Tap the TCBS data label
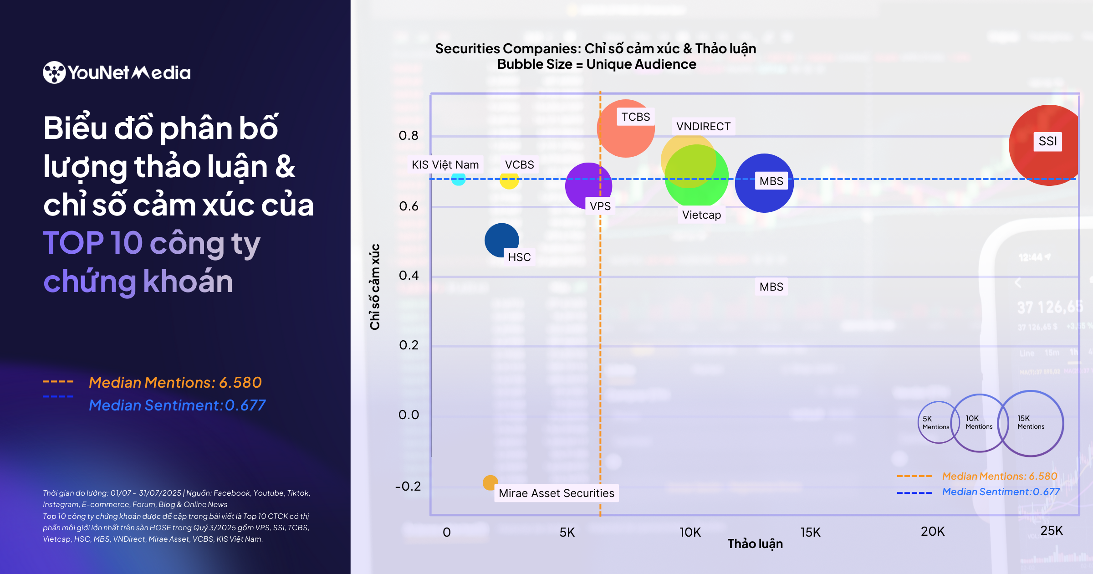[636, 117]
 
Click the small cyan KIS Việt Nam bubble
[458, 179]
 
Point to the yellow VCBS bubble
[509, 180]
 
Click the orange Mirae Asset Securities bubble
[490, 482]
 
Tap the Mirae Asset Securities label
[556, 493]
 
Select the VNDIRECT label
[703, 126]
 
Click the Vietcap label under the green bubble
[701, 215]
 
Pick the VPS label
[600, 206]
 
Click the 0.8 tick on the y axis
[408, 135]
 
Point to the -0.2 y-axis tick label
[408, 486]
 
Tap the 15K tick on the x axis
[810, 532]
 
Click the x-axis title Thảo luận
[755, 543]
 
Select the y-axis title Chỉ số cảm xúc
[374, 287]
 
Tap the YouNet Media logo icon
[54, 72]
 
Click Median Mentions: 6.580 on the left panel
[175, 382]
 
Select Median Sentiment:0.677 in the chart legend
[1001, 492]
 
